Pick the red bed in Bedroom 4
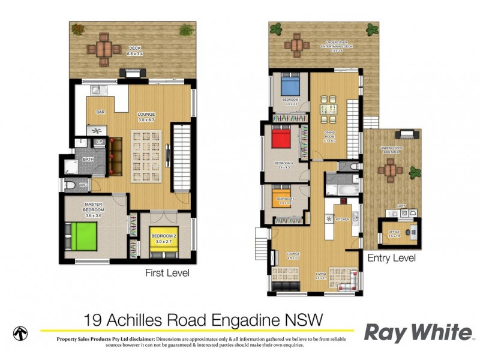[281, 140]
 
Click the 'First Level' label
[167, 273]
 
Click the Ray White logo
[418, 332]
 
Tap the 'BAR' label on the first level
[101, 112]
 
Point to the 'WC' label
[84, 185]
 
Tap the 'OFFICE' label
[394, 232]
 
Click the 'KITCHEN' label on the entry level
[342, 220]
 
